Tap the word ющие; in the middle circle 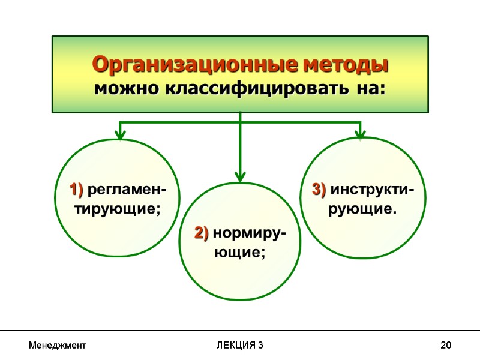coord(240,252)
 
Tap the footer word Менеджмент coord(57,346)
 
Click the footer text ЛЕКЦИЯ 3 coord(239,346)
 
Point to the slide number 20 coord(446,346)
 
